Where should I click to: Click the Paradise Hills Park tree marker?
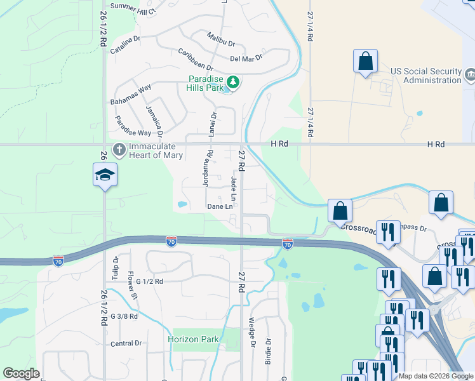click(x=233, y=82)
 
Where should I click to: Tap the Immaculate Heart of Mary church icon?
click(x=119, y=150)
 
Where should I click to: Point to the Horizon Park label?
click(x=193, y=339)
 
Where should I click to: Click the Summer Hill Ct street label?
click(x=133, y=6)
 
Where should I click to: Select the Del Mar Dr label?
click(x=246, y=57)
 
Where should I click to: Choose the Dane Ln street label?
click(x=219, y=206)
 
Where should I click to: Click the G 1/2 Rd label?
click(x=145, y=281)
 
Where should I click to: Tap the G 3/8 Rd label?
click(x=124, y=316)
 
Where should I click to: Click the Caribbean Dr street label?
click(x=195, y=58)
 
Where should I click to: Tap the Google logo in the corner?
click(x=21, y=373)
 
